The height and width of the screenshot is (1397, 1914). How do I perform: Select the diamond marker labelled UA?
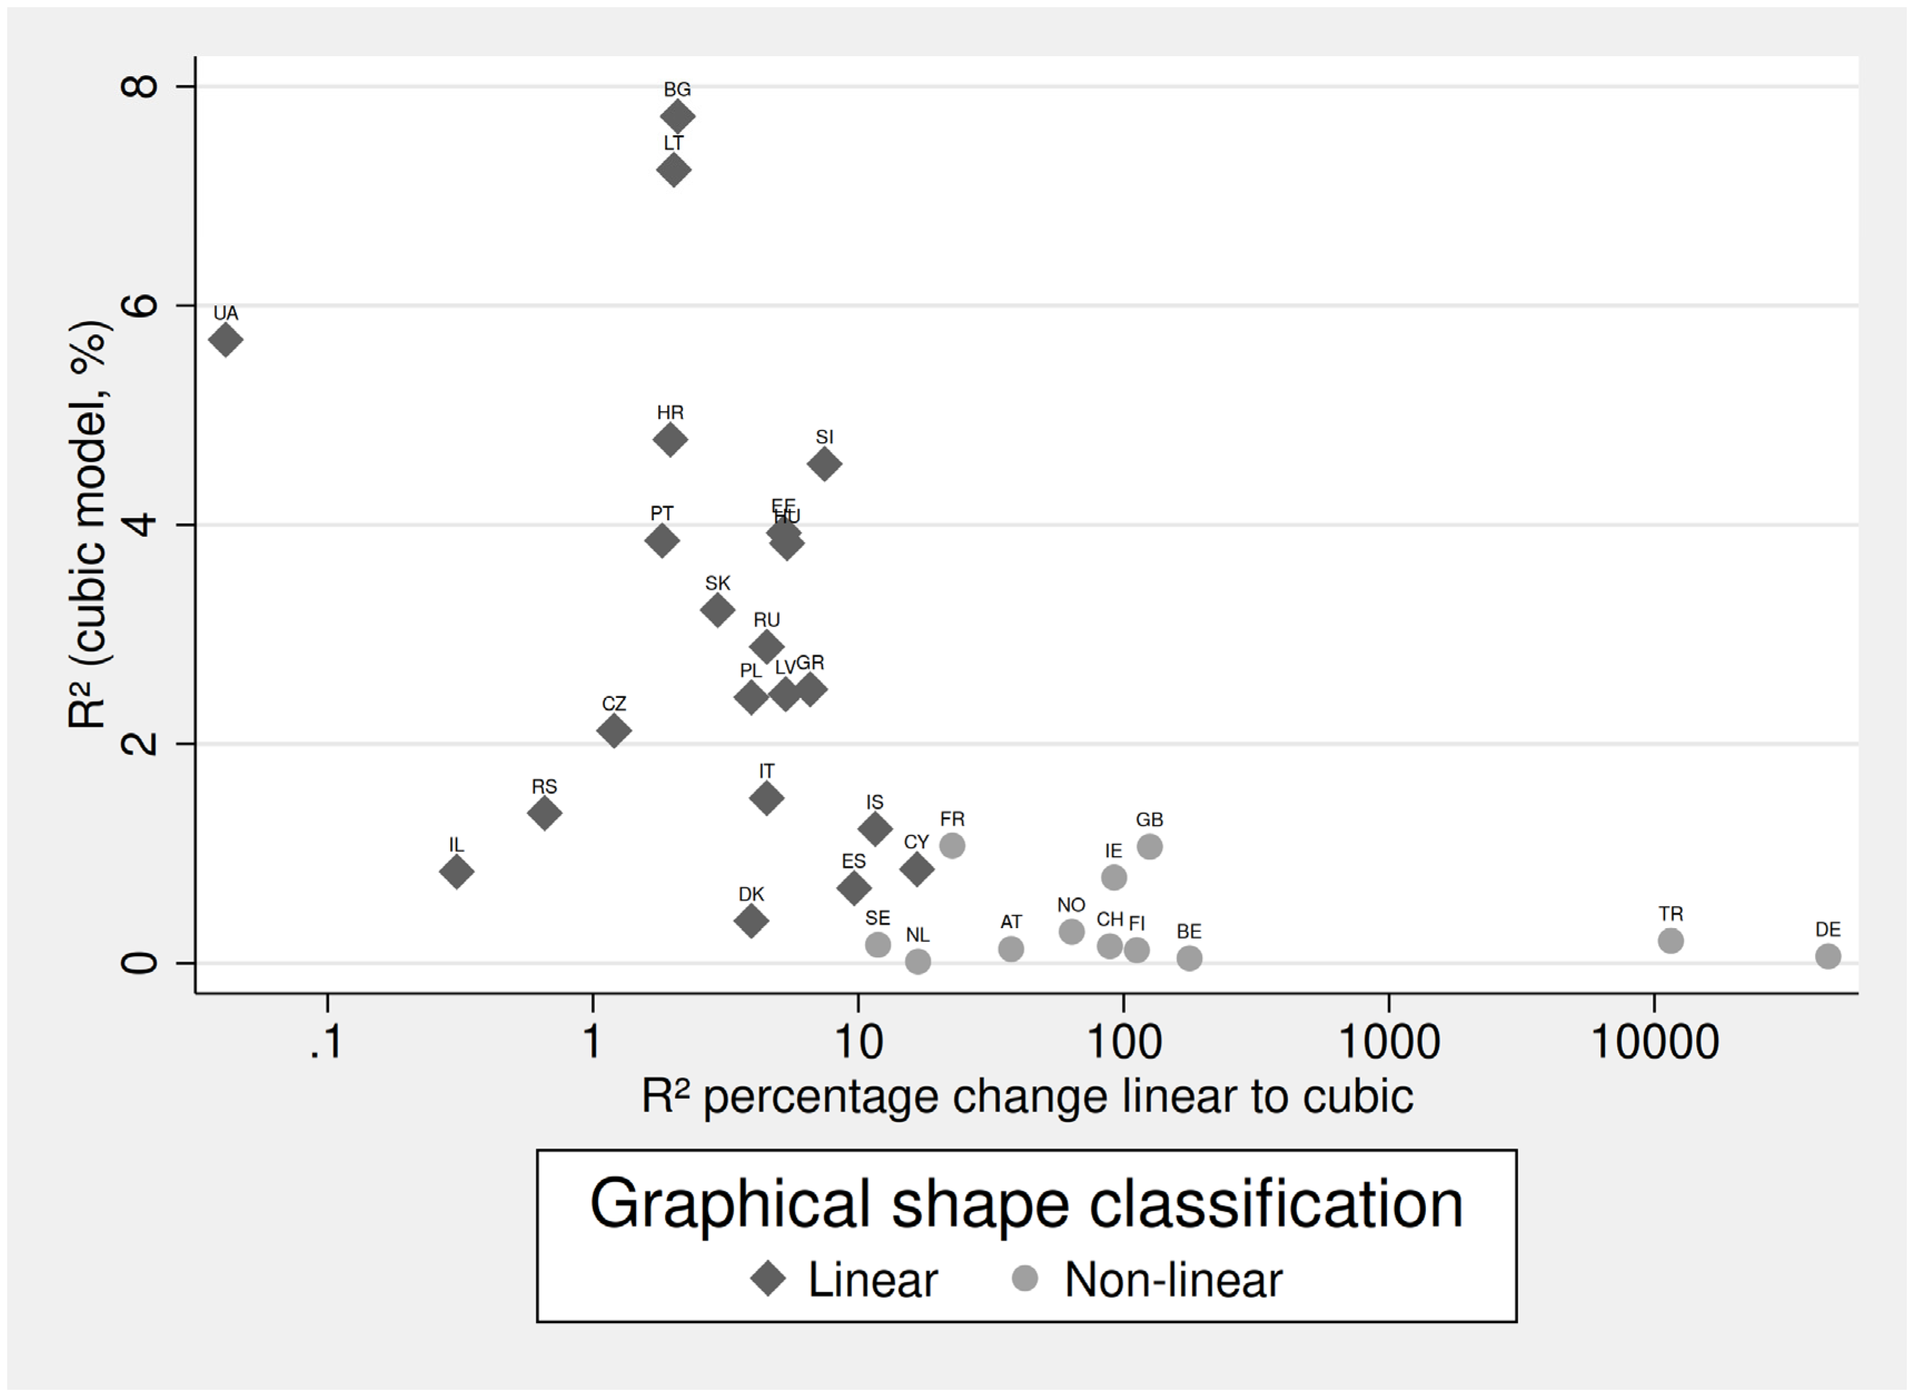tap(226, 341)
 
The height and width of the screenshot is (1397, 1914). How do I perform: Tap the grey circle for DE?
tap(1828, 957)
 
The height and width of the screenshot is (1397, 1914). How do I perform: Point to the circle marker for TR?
tap(1671, 941)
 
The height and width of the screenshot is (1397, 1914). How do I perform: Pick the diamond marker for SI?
tap(824, 464)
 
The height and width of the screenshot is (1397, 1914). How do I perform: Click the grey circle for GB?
tap(1149, 846)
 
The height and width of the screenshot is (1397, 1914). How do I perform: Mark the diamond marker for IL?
tap(456, 872)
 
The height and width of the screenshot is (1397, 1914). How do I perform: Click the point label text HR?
tap(670, 413)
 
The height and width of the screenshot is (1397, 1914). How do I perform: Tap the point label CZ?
tap(614, 704)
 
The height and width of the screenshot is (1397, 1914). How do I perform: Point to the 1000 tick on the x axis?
tap(1389, 1043)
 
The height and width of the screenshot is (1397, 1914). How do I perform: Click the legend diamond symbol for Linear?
tap(768, 1280)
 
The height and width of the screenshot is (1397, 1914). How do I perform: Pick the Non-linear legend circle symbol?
tap(1025, 1278)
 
